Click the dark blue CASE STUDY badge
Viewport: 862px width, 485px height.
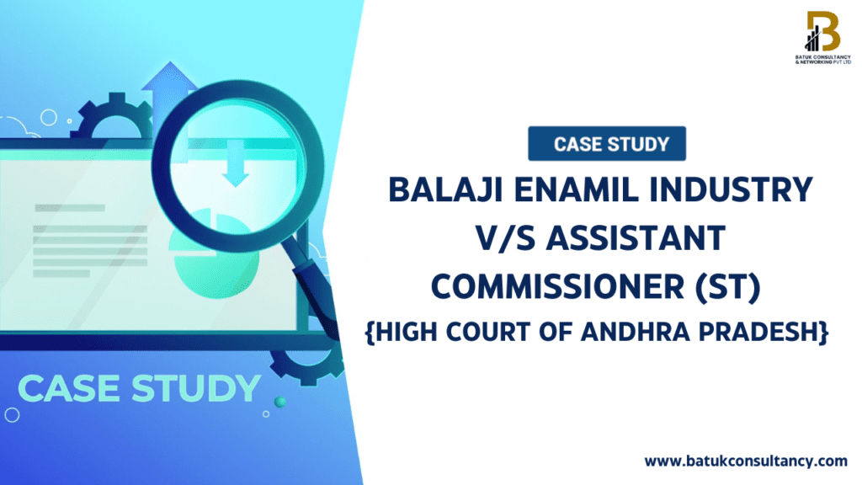pyautogui.click(x=607, y=143)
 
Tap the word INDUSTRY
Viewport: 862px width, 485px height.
pyautogui.click(x=732, y=189)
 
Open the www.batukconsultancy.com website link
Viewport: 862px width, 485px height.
pyautogui.click(x=746, y=461)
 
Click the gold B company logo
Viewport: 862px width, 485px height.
pyautogui.click(x=823, y=31)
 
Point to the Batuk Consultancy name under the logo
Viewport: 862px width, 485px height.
pyautogui.click(x=823, y=60)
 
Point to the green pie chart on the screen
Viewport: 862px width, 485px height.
pyautogui.click(x=215, y=256)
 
